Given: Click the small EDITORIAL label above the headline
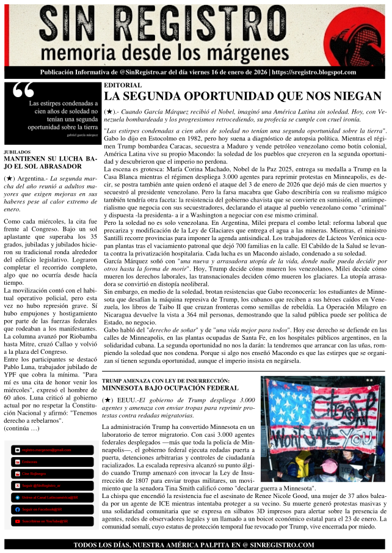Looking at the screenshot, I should [x=122, y=85].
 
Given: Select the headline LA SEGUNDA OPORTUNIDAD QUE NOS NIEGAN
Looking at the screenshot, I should [x=242, y=96].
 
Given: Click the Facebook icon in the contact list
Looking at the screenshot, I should [x=18, y=509].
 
